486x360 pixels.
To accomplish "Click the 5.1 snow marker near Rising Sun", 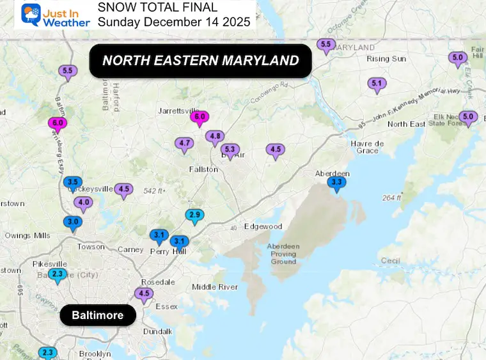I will (377, 83).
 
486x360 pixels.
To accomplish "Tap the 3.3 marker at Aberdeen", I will (336, 183).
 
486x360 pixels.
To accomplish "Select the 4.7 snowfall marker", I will (185, 143).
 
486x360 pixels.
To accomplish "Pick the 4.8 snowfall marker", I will (215, 136).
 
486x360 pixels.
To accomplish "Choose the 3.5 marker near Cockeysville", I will (74, 182).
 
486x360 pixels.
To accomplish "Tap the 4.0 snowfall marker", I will (83, 203).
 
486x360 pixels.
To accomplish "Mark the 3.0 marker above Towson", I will (72, 222).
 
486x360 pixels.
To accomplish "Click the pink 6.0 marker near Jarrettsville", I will (200, 116).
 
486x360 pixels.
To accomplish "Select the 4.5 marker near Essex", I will (143, 294).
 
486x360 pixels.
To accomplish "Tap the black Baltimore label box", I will (97, 315).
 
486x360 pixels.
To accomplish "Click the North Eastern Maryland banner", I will (200, 61).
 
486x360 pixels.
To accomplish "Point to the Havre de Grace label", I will (366, 147).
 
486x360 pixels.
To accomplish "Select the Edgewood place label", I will (263, 226).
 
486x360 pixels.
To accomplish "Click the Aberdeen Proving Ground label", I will (283, 254).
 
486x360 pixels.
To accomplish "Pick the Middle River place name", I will (215, 287).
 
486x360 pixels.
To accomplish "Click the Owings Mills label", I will (27, 235).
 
